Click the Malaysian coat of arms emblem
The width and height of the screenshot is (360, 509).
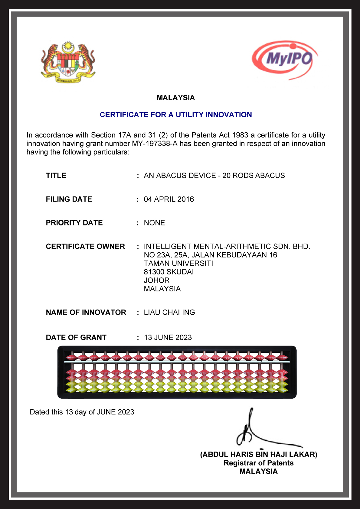tap(68, 62)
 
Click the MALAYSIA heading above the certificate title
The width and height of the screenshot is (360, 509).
tap(175, 98)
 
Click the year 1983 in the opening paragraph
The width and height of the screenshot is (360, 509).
tap(240, 135)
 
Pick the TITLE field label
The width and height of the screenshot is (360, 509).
tap(56, 176)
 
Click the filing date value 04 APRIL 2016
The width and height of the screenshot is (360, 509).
tap(169, 199)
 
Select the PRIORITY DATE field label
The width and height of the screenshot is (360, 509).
tap(74, 223)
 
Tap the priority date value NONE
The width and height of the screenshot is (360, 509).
tap(154, 223)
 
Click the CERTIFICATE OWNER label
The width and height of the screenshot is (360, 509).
tap(85, 246)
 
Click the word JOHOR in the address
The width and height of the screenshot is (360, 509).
tap(157, 280)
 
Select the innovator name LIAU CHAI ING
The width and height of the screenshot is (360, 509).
tap(169, 312)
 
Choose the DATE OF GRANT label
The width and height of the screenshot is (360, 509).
tap(76, 337)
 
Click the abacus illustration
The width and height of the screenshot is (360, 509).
tap(177, 372)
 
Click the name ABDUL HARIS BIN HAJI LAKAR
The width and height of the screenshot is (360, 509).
tap(259, 455)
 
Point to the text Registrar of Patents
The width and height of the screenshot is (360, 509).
tap(259, 463)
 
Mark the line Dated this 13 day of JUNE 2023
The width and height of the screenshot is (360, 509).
tap(82, 412)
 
